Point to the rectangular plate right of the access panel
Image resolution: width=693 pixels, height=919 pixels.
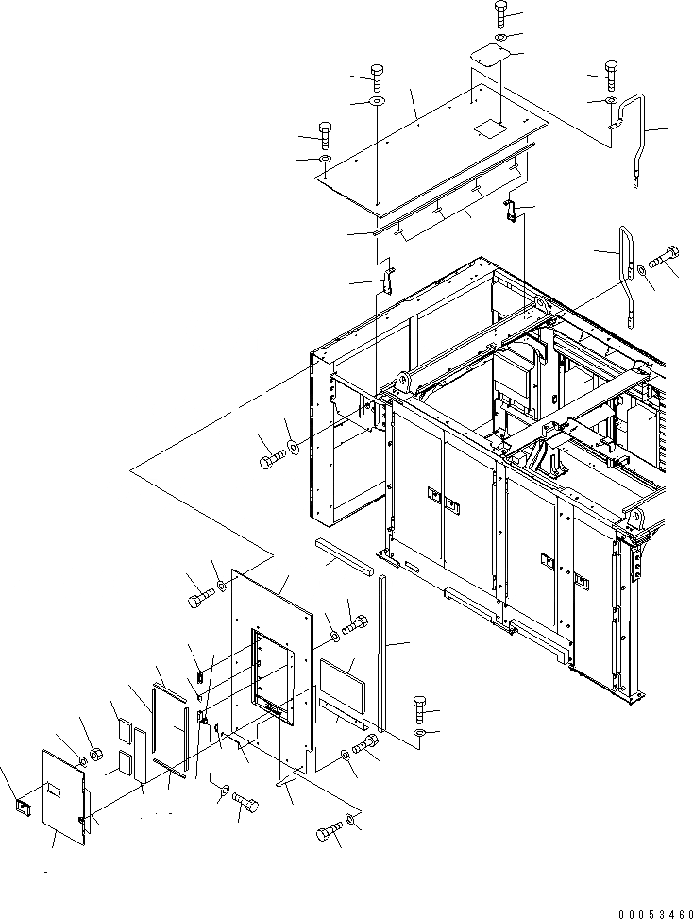[340, 678]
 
